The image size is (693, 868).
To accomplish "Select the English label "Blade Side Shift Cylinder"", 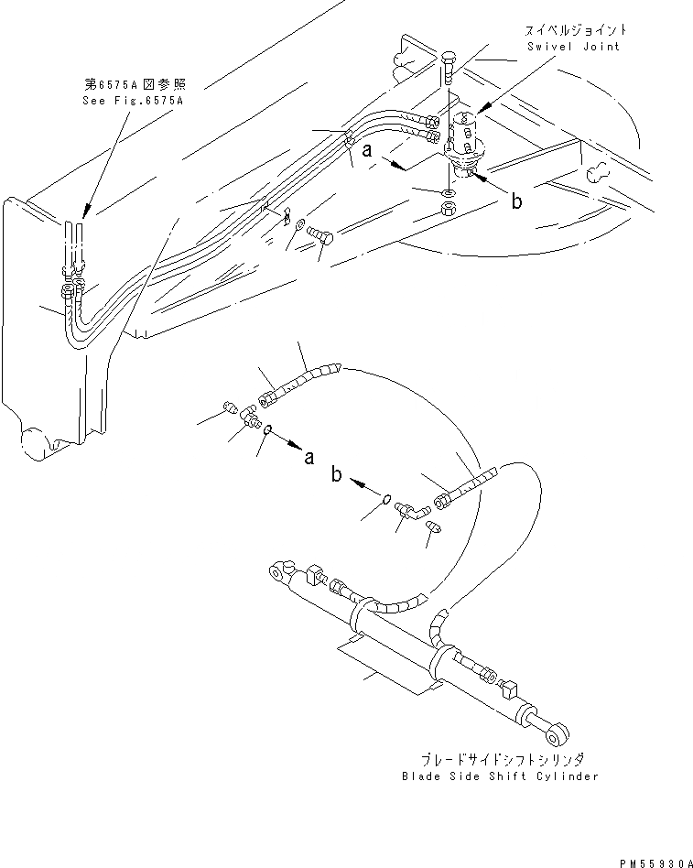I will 500,776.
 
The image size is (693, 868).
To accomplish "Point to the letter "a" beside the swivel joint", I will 366,152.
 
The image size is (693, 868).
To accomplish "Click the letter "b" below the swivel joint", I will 517,201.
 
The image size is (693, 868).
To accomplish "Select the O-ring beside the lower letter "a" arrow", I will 266,429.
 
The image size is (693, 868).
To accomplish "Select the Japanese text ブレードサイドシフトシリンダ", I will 500,760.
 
